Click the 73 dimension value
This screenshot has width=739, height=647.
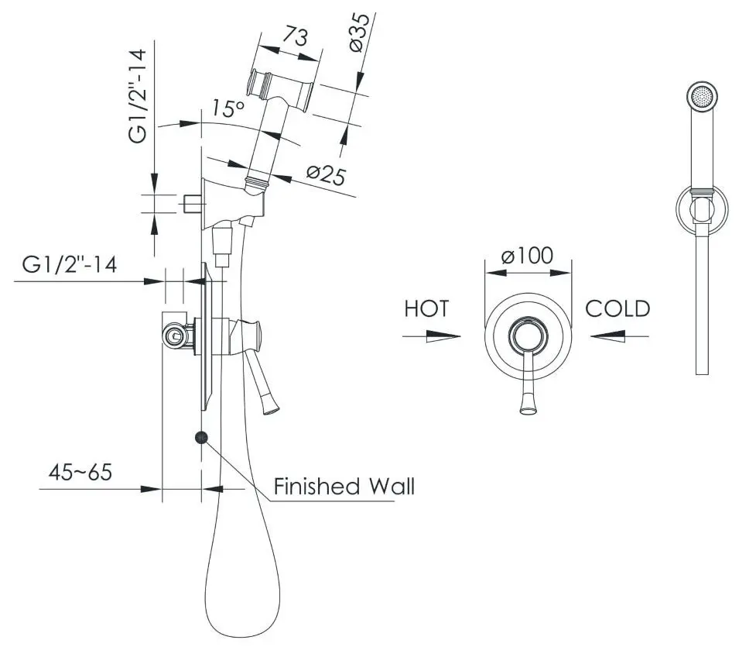(296, 36)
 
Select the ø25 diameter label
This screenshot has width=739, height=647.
(326, 175)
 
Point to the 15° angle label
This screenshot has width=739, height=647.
(228, 108)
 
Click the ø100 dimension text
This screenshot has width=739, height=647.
(528, 256)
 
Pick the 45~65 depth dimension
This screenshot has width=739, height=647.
(80, 471)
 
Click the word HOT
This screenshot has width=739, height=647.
(427, 308)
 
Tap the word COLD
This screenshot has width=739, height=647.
(618, 308)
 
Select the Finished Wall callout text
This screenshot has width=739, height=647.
(344, 486)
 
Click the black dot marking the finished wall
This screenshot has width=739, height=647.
(201, 438)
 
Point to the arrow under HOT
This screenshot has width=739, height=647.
(431, 336)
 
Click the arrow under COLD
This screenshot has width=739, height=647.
(619, 336)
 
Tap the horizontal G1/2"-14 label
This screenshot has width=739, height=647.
(70, 265)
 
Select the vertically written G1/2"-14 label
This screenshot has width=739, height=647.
(138, 96)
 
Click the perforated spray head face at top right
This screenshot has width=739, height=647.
(702, 98)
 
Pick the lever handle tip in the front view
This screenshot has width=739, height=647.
(529, 408)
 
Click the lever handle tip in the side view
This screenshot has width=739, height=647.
(271, 408)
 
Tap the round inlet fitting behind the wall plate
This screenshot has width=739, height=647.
(174, 336)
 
